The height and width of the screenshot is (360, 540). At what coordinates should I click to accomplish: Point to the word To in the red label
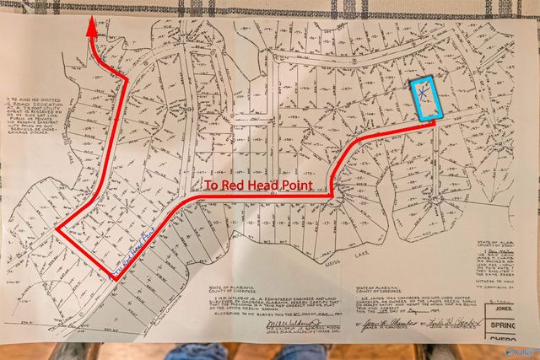coord(212,185)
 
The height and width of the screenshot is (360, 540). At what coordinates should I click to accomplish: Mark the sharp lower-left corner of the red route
coord(57,228)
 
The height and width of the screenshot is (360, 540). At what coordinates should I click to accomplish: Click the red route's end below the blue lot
coord(433,123)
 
